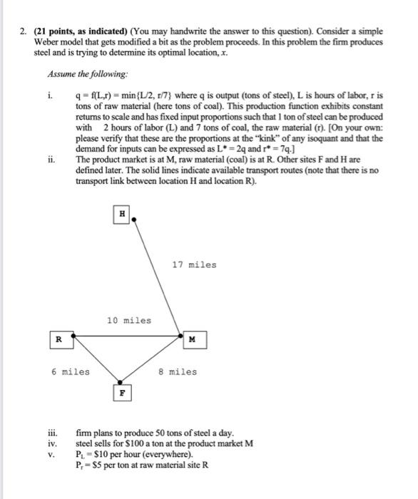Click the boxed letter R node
pyautogui.click(x=59, y=340)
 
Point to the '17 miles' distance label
pyautogui.click(x=193, y=265)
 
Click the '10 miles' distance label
pyautogui.click(x=128, y=320)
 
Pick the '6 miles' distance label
pyautogui.click(x=70, y=371)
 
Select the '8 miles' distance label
pyautogui.click(x=177, y=371)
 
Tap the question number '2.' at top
pyautogui.click(x=23, y=33)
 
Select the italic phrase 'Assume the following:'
pyautogui.click(x=79, y=73)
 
